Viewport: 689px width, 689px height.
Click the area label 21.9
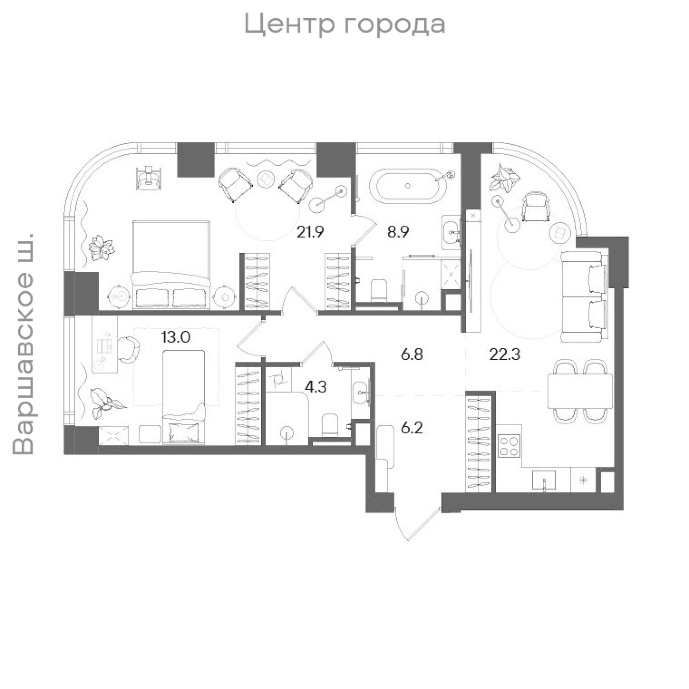pos(310,232)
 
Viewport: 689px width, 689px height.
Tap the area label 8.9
pos(398,232)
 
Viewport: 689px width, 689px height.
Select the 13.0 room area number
pos(176,337)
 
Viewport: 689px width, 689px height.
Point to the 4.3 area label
pos(316,387)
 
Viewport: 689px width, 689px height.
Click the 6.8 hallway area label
pos(412,355)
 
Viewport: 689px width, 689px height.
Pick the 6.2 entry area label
pos(412,428)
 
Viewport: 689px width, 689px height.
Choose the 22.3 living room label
pos(505,355)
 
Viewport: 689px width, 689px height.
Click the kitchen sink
pos(544,480)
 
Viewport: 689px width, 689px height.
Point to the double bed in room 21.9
pos(171,265)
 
